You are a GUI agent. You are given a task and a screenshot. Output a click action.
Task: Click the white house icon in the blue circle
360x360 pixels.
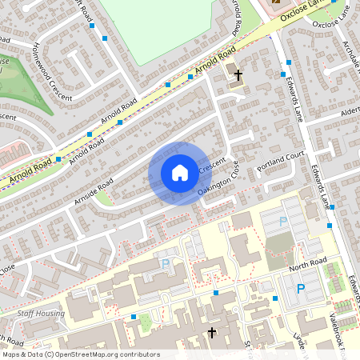pos(180,173)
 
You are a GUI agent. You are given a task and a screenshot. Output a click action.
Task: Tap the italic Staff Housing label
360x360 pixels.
pos(39,314)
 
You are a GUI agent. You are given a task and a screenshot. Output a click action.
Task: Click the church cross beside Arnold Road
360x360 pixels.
pos(238,74)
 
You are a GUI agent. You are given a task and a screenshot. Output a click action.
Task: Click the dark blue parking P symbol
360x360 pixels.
pos(301,290)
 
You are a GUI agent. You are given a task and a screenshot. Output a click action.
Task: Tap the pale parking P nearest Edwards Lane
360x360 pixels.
pos(282,222)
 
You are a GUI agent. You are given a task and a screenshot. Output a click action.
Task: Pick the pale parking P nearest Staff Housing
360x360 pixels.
pos(166,263)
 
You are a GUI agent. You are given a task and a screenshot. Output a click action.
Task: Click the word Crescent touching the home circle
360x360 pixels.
pos(212,167)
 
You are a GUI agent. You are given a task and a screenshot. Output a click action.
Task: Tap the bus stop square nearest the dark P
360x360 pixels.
pos(274,298)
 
